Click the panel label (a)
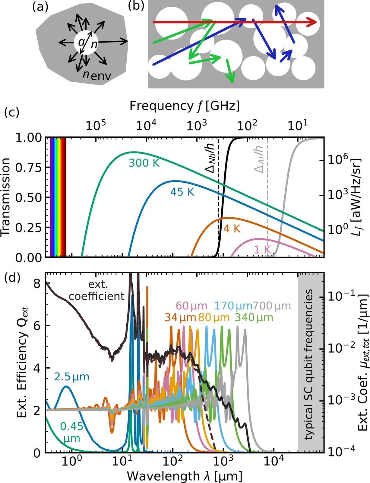click(x=40, y=7)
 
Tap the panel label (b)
click(x=136, y=6)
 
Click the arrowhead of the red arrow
click(x=313, y=22)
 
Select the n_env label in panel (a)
click(x=96, y=75)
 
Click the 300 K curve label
click(x=144, y=163)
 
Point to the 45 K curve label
click(x=182, y=192)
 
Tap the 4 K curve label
click(x=232, y=229)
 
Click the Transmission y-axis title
click(x=6, y=197)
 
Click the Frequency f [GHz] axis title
click(x=185, y=106)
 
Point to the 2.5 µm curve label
click(x=72, y=377)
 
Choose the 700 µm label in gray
click(x=272, y=306)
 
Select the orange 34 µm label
click(x=180, y=318)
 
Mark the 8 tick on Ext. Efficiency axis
click(x=37, y=283)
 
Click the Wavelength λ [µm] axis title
click(x=185, y=476)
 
